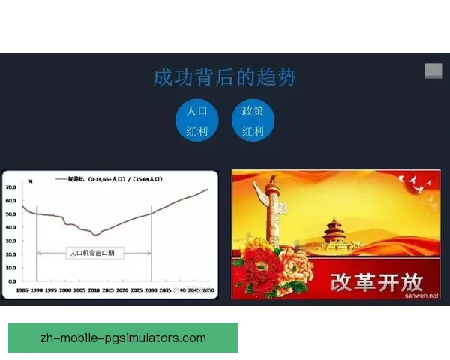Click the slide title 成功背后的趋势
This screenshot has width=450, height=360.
click(224, 77)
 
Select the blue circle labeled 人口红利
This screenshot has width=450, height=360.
click(196, 121)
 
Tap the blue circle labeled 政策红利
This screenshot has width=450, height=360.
click(253, 121)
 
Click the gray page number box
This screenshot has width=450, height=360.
click(433, 70)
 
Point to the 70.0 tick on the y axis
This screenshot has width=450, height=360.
click(11, 187)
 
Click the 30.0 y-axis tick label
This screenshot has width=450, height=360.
click(11, 241)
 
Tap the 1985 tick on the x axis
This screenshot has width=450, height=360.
click(22, 289)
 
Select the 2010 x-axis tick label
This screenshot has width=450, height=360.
click(94, 289)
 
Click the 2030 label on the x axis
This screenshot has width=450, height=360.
click(152, 289)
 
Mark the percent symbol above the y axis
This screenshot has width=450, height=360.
click(30, 181)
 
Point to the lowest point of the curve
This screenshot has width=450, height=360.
click(94, 235)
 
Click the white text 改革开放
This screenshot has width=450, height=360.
click(377, 281)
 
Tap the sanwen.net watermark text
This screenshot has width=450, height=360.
click(421, 295)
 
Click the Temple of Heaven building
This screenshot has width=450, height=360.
click(343, 232)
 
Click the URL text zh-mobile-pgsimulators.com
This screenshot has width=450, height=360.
click(123, 337)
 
